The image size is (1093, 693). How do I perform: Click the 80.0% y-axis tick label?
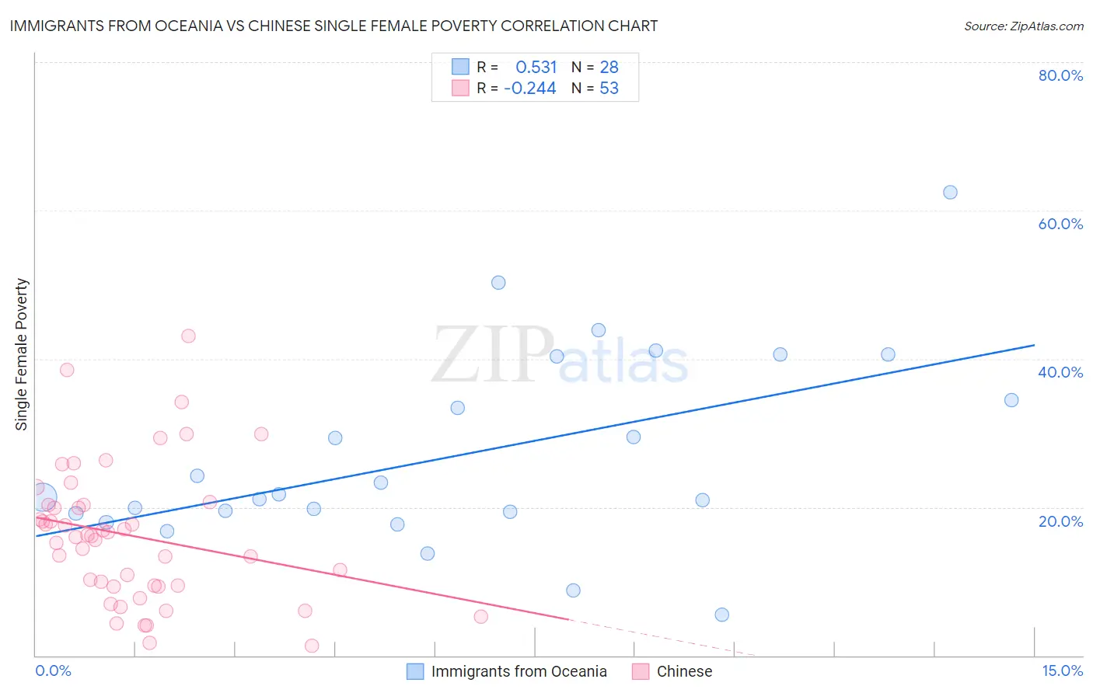(1060, 75)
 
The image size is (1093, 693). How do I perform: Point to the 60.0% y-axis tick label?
(1060, 224)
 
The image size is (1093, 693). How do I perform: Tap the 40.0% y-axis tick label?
(1060, 372)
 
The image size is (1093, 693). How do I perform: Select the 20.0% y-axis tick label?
(1060, 521)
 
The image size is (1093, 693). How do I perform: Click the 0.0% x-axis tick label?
(53, 670)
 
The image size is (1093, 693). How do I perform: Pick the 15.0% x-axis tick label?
(1062, 670)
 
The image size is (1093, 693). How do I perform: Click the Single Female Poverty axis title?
(22, 354)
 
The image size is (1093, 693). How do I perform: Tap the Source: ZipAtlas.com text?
(1023, 26)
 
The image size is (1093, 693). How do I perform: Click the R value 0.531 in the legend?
(536, 68)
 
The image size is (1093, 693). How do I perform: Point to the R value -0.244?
(530, 89)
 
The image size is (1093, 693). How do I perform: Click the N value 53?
(609, 89)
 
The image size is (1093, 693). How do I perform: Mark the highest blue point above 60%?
(950, 193)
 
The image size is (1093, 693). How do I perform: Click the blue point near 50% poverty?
(498, 283)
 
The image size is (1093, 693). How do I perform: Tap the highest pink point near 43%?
(188, 336)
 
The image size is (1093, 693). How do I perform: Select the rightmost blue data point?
(1011, 400)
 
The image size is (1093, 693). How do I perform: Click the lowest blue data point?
(721, 615)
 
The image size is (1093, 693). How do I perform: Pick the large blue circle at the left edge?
(42, 496)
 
